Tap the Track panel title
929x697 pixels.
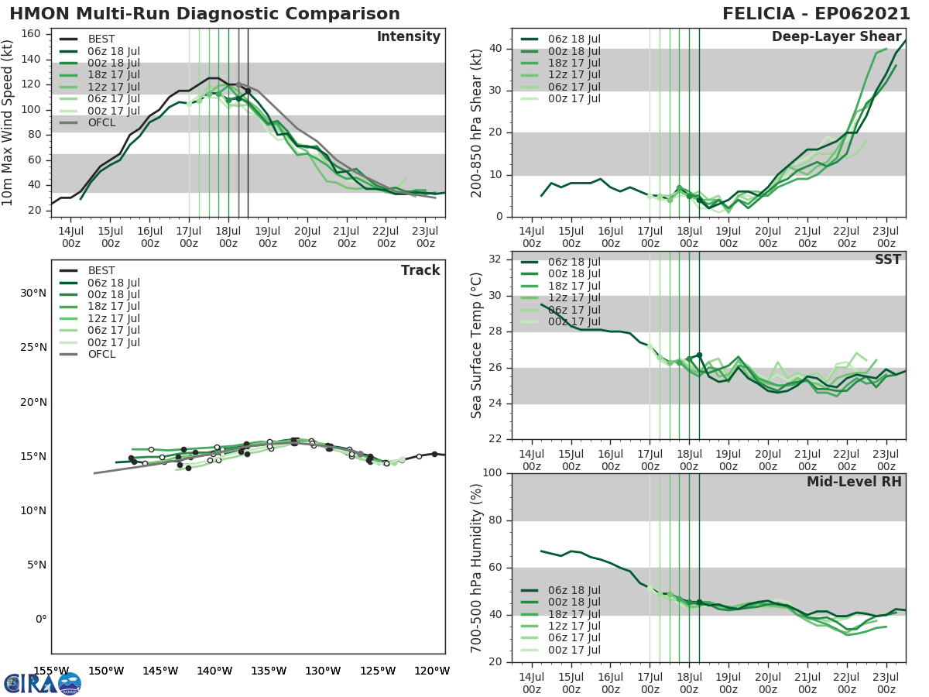pos(420,270)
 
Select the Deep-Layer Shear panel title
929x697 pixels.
pos(836,37)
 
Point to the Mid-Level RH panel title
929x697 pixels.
pos(854,482)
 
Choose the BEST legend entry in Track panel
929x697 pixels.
pos(101,271)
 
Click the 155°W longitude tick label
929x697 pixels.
pos(52,671)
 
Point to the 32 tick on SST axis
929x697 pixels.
pos(495,259)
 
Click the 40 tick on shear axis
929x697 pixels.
pos(495,49)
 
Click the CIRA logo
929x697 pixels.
pos(42,683)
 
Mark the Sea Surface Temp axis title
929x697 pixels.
pos(477,345)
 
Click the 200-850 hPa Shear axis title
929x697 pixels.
pos(477,122)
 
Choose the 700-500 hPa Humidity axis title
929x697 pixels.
pos(477,567)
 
